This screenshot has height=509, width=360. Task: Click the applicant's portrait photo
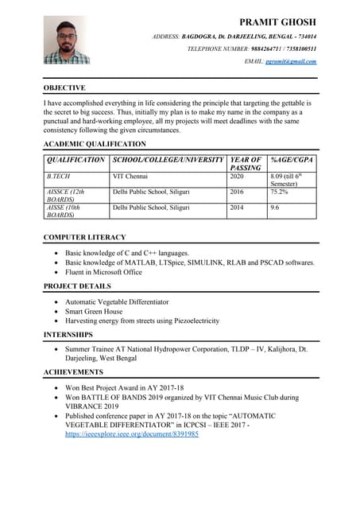pyautogui.click(x=67, y=41)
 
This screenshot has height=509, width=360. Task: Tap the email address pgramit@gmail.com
pyautogui.click(x=290, y=61)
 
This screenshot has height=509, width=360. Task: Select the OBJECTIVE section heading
pyautogui.click(x=64, y=87)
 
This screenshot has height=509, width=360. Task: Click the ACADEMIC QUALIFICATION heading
pyautogui.click(x=95, y=144)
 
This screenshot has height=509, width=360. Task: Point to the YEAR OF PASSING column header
pyautogui.click(x=246, y=164)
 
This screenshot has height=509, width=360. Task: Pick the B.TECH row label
pyautogui.click(x=59, y=175)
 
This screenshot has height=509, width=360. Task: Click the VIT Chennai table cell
pyautogui.click(x=130, y=175)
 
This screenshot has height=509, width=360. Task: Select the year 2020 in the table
pyautogui.click(x=237, y=175)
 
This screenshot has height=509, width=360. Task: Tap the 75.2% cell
pyautogui.click(x=279, y=192)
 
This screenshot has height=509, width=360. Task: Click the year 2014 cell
pyautogui.click(x=237, y=208)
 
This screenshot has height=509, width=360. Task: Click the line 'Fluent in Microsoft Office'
pyautogui.click(x=103, y=272)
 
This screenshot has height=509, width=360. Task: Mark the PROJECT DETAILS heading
pyautogui.click(x=77, y=286)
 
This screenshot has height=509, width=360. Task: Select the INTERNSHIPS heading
pyautogui.click(x=70, y=336)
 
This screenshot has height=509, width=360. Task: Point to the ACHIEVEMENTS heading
pyautogui.click(x=73, y=371)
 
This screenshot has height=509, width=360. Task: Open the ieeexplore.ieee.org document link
pyautogui.click(x=132, y=435)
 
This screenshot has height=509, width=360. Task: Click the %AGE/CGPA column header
pyautogui.click(x=291, y=160)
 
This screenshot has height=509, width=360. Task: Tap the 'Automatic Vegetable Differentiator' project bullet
pyautogui.click(x=117, y=302)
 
